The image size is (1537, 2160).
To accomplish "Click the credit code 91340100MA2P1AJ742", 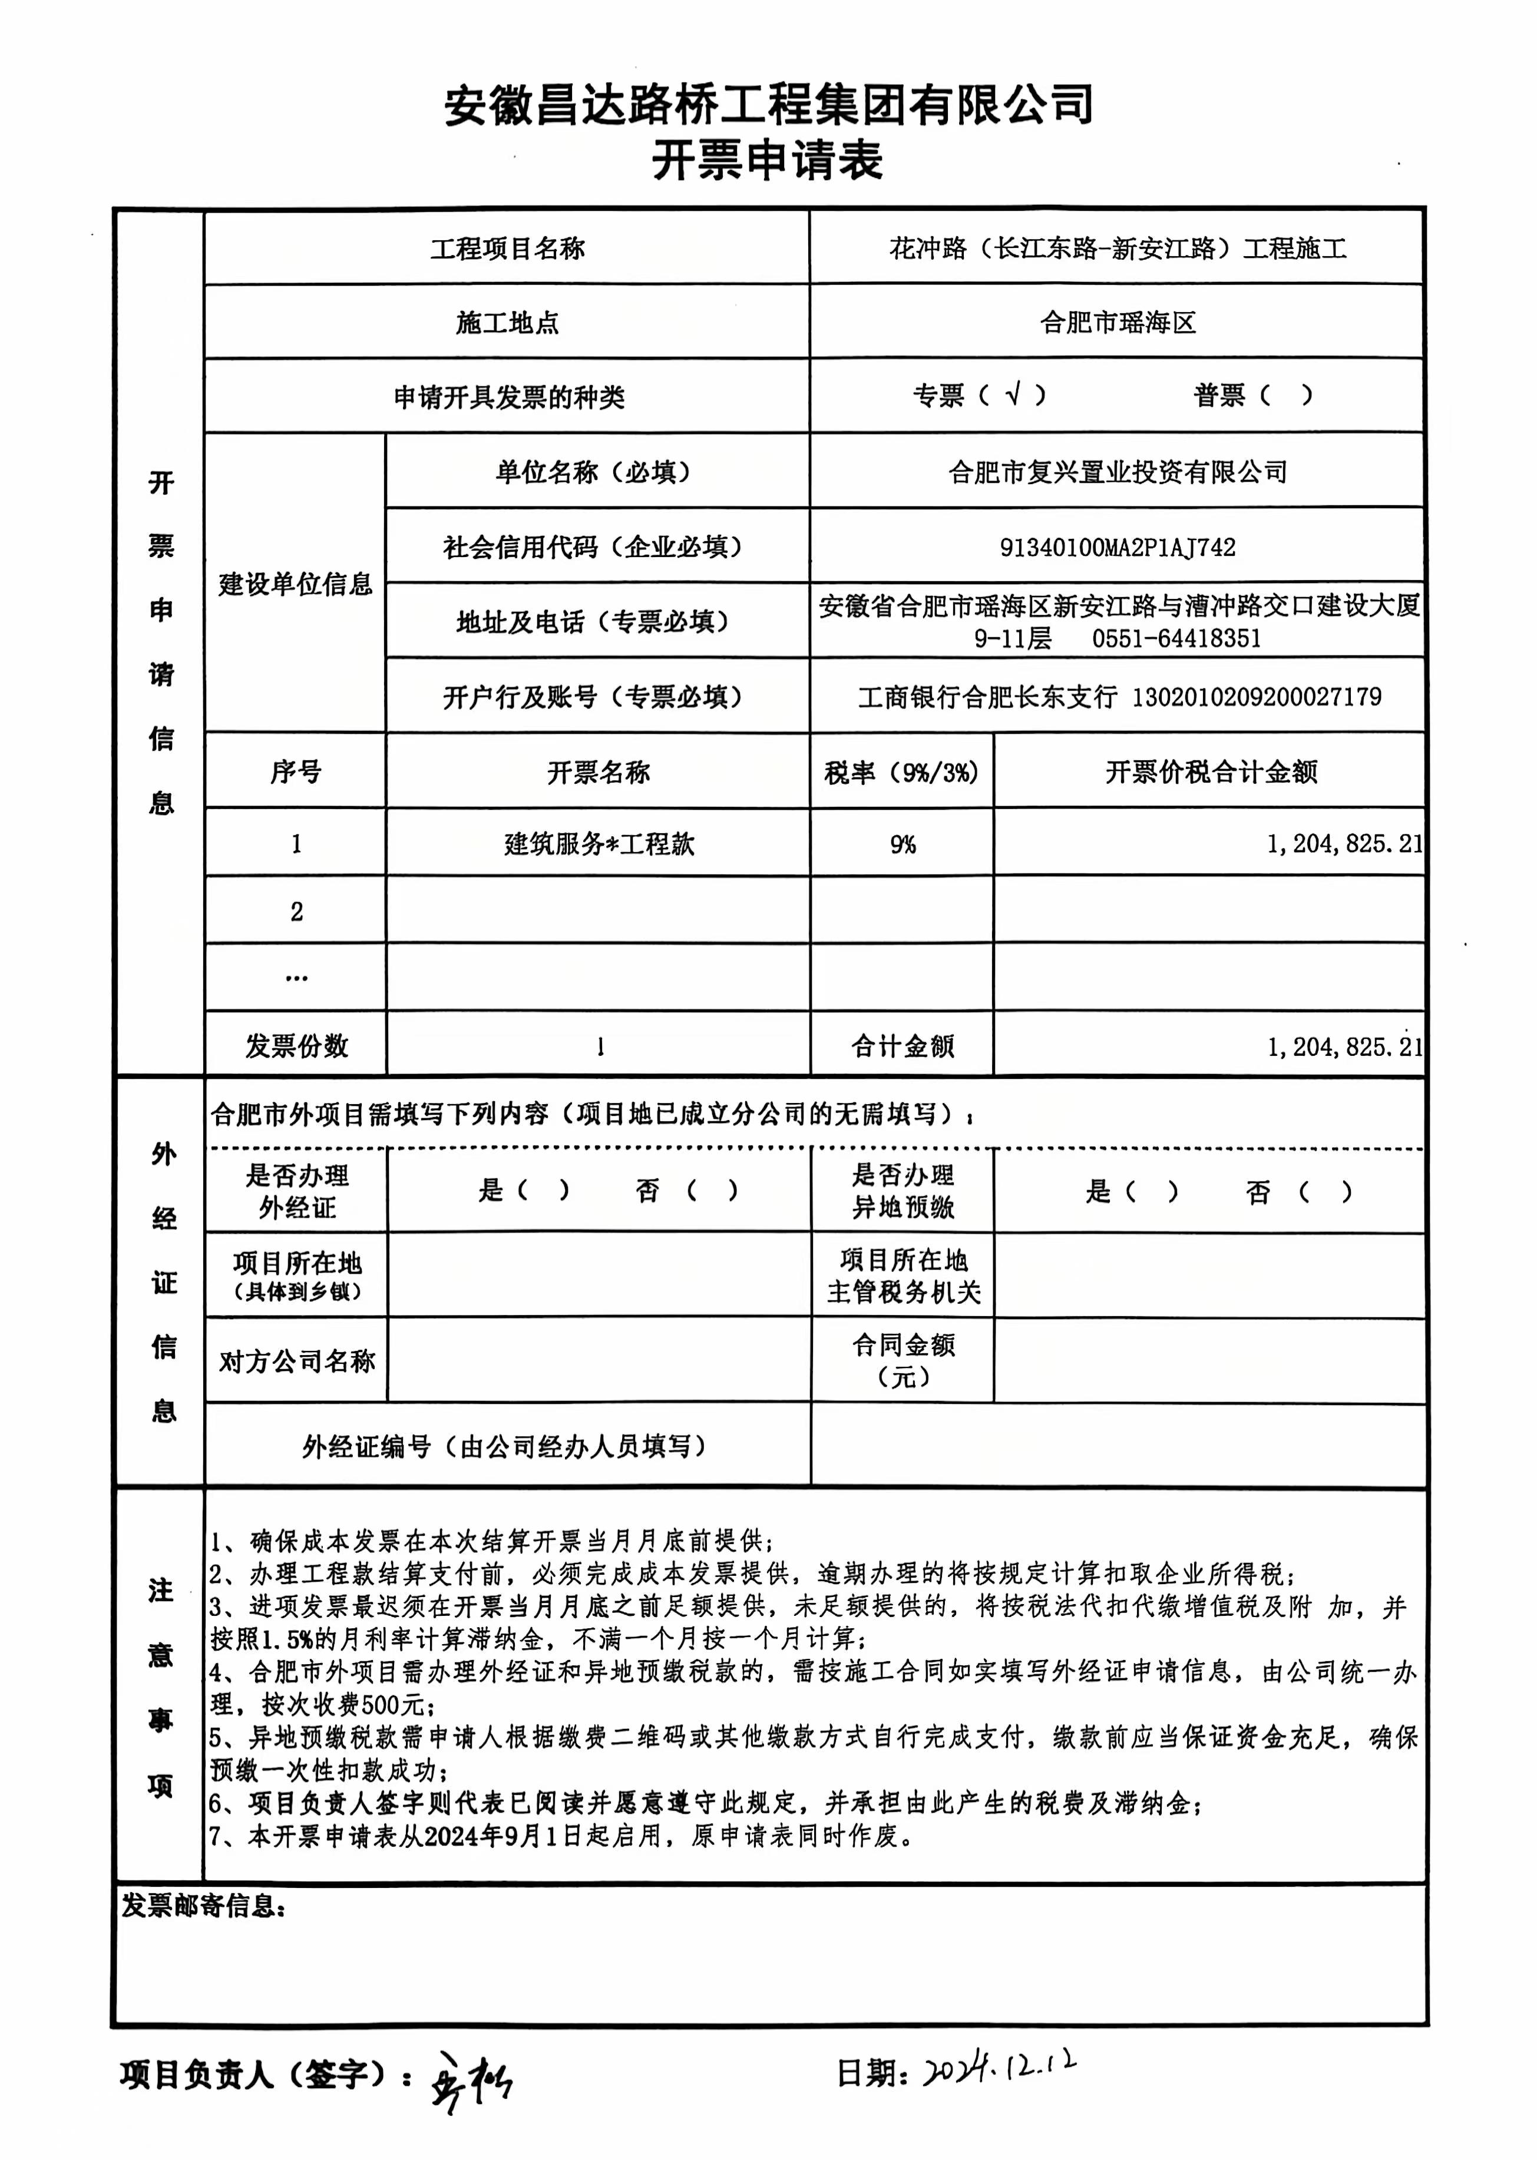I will (1117, 547).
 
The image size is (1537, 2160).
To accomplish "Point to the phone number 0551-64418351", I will (1176, 638).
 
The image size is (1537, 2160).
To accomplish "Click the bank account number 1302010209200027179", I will (1256, 697).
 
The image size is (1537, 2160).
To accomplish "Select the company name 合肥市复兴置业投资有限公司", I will (1117, 471).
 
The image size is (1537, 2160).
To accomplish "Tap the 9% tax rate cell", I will (902, 844).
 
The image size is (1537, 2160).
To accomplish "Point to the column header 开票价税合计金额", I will (1211, 772).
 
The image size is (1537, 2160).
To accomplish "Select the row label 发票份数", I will (296, 1045).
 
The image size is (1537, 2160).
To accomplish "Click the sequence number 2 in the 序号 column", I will (296, 911).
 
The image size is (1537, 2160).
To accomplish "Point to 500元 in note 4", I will (393, 1705).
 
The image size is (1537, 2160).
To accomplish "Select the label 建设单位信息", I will (295, 584).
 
